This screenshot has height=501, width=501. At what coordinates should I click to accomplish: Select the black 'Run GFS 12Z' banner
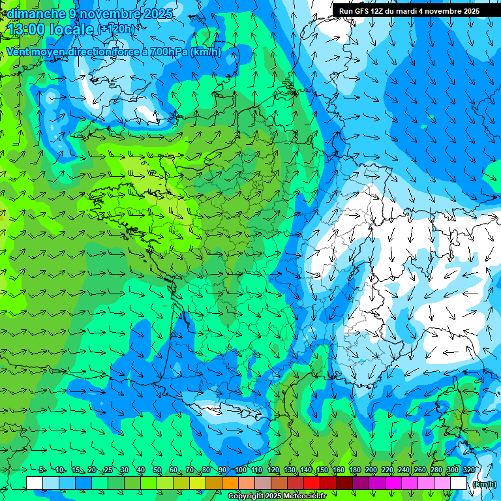click(409, 11)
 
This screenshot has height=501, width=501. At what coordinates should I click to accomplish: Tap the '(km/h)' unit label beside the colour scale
click(483, 484)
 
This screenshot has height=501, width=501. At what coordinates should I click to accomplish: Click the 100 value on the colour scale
click(240, 470)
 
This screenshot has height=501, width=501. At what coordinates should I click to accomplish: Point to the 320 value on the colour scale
click(468, 470)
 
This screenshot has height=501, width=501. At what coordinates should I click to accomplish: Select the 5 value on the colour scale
click(42, 470)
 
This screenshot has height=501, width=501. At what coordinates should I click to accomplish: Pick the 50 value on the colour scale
click(157, 470)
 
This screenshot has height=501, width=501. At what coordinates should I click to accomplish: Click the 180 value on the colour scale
click(354, 470)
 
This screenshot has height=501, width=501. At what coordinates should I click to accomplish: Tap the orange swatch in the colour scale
click(230, 483)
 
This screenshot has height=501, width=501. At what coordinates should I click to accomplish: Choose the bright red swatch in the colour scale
click(312, 483)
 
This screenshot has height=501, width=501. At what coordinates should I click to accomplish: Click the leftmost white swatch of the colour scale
click(35, 483)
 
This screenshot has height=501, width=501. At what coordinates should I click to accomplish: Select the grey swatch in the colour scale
click(263, 483)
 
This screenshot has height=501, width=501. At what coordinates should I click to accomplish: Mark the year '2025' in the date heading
click(159, 14)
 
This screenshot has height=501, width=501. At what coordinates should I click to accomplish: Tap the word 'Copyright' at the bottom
click(247, 496)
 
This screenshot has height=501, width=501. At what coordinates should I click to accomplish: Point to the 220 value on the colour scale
click(387, 470)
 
